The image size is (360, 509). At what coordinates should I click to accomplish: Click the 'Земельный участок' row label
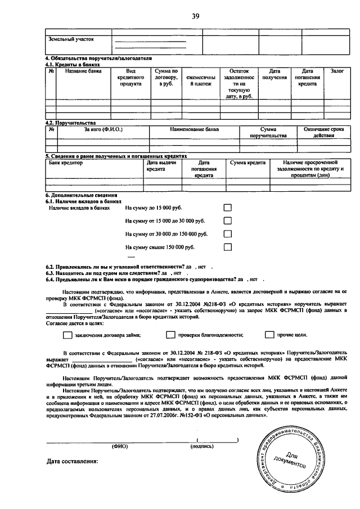tap(72, 39)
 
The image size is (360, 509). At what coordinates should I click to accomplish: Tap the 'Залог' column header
tap(337, 71)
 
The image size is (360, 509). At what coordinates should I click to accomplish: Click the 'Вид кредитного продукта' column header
tap(130, 77)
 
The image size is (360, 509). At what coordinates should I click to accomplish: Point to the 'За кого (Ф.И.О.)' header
tap(103, 129)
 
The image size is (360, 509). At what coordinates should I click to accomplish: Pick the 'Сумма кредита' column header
tap(247, 163)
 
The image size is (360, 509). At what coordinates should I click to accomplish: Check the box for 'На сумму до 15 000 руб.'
tap(228, 208)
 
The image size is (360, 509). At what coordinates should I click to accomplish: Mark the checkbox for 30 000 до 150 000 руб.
tap(228, 233)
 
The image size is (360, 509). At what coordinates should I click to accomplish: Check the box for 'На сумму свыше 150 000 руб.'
tap(228, 247)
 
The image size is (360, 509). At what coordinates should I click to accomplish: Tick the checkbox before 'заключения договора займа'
tap(67, 335)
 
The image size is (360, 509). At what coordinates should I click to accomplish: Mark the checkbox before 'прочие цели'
tap(269, 335)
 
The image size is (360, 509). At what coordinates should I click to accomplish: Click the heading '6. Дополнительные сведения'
tap(78, 195)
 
